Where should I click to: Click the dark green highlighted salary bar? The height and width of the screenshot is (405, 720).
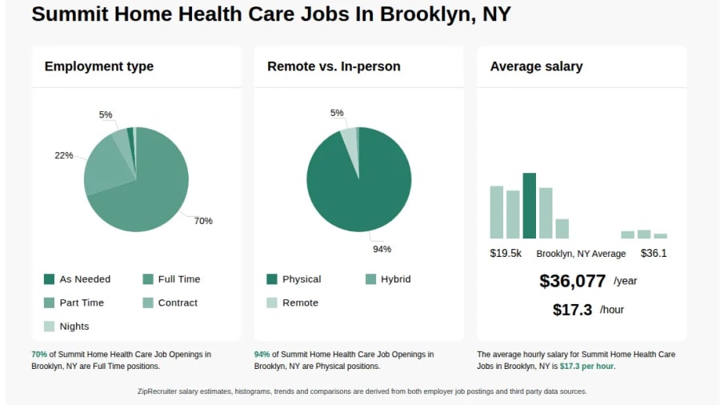point(529,205)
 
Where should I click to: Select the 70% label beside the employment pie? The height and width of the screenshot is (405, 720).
point(203,221)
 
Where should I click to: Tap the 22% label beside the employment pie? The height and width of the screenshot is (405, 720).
point(64,155)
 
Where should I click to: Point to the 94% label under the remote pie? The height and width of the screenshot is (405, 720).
point(382,249)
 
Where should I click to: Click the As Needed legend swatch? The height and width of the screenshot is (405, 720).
point(49,279)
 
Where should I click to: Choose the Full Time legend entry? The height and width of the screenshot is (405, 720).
point(171,279)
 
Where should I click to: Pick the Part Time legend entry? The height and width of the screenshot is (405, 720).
point(74,303)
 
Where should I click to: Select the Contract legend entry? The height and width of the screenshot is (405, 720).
point(170,303)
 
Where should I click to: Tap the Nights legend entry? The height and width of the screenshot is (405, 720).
point(66,326)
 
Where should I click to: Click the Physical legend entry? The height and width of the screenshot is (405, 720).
point(294,279)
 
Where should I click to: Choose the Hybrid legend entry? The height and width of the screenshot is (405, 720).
point(388,279)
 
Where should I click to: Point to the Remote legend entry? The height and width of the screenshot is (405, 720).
point(293,303)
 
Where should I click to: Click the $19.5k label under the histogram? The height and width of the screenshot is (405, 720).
point(506,253)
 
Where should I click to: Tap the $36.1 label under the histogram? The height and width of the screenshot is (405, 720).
point(654,253)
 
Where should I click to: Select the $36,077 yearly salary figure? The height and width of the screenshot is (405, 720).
point(572,281)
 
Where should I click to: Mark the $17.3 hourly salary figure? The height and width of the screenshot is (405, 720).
point(572,310)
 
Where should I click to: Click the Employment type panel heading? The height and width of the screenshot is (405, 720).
point(99,66)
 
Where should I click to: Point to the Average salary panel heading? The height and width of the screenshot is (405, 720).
point(536,66)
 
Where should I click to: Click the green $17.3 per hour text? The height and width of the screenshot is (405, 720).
point(586,366)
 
